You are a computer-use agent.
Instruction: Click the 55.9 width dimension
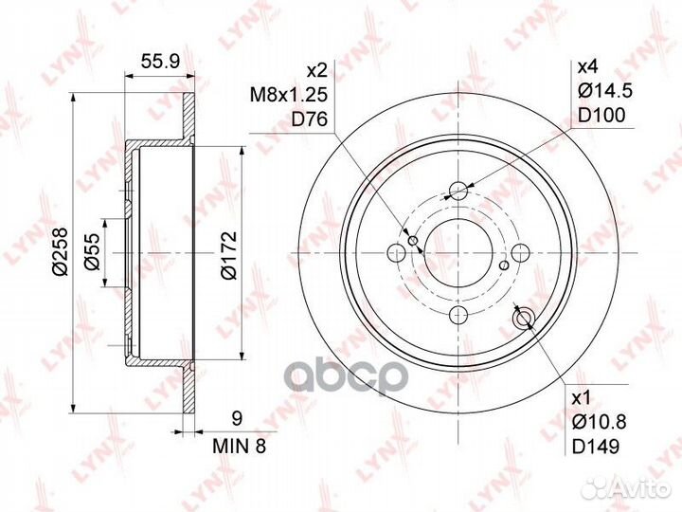click(x=160, y=62)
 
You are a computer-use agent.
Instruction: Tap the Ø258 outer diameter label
click(x=60, y=251)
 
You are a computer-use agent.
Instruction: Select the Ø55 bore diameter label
click(x=92, y=251)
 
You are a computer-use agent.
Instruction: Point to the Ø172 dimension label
click(x=228, y=255)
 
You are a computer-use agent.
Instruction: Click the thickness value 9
click(x=237, y=419)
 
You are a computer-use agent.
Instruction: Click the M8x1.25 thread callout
click(x=288, y=95)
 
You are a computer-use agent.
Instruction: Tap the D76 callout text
click(x=309, y=119)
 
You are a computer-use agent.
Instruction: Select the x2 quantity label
click(x=316, y=70)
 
